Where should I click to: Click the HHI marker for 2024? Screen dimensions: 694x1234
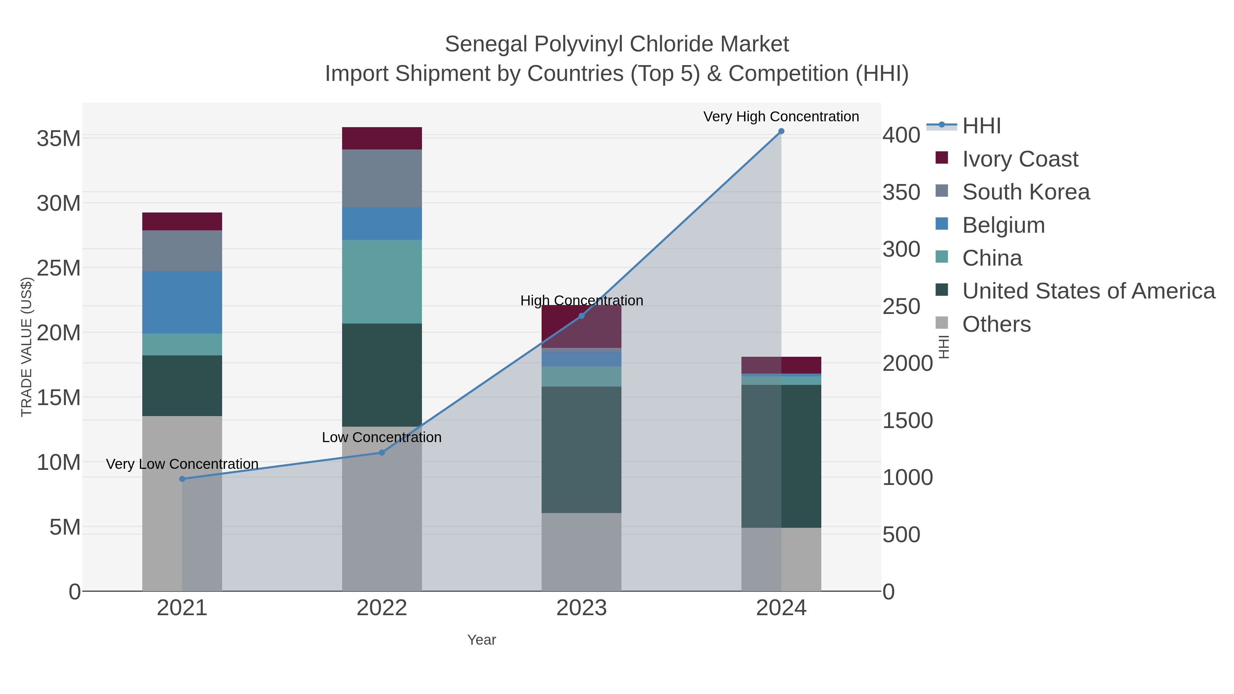781,131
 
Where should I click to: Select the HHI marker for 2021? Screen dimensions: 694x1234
182,479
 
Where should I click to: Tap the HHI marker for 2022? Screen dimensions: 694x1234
382,453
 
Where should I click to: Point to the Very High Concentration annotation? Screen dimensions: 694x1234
781,117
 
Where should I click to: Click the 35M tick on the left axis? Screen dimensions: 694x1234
58,139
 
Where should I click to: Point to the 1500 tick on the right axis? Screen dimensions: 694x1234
907,421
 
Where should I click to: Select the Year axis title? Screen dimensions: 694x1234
482,640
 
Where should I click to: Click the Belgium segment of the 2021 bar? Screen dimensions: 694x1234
182,302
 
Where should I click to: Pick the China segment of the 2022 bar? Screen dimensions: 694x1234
382,282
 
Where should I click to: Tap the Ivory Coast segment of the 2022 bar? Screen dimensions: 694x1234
382,138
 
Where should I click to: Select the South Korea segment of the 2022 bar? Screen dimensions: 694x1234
382,178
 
